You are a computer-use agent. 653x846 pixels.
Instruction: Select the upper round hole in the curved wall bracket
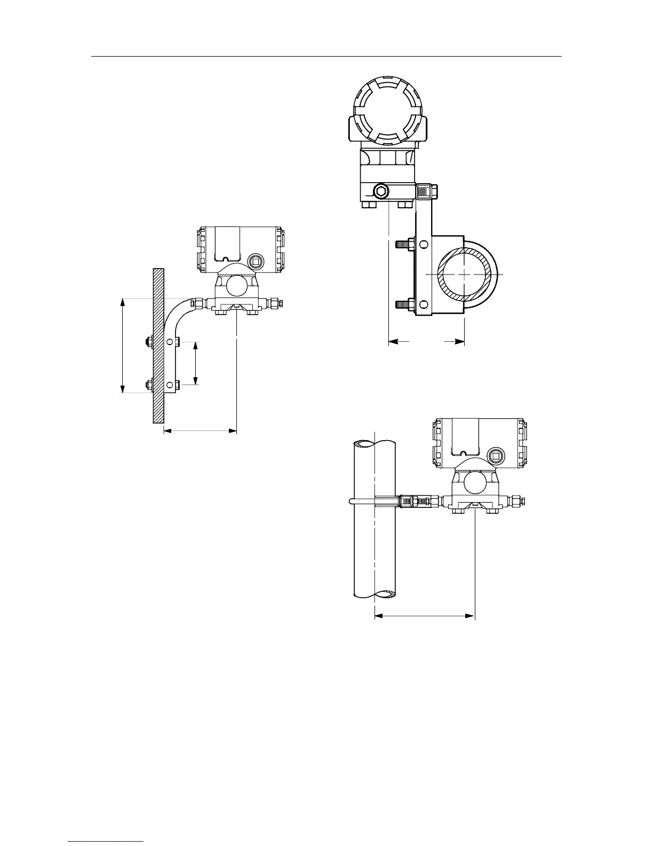(x=170, y=341)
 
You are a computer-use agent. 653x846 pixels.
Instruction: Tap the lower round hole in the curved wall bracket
(x=170, y=384)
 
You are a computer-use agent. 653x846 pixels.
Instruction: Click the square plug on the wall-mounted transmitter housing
(x=255, y=261)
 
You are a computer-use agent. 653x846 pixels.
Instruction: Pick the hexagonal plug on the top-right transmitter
(x=381, y=190)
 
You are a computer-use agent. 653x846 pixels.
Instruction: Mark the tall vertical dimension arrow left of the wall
(x=123, y=346)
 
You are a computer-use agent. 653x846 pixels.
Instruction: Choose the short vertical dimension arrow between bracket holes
(x=196, y=363)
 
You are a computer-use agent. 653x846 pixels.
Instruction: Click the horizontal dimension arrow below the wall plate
(x=200, y=430)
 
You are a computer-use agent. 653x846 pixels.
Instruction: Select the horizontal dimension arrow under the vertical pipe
(x=425, y=616)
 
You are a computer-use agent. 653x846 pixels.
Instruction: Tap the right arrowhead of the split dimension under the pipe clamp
(x=459, y=341)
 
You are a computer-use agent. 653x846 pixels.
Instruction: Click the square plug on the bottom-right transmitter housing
(x=495, y=456)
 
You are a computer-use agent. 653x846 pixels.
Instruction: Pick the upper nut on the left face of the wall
(x=149, y=341)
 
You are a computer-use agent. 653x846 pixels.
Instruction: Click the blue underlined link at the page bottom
(x=106, y=842)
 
